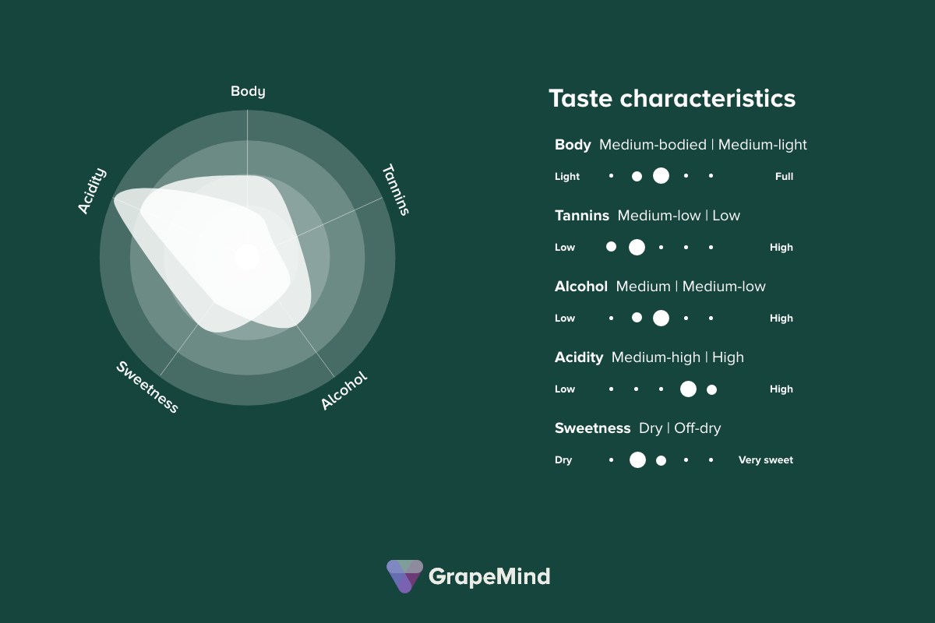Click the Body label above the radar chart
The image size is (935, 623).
248,91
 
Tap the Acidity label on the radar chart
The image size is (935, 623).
92,191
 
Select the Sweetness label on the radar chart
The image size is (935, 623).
147,387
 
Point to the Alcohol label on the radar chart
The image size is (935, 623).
344,390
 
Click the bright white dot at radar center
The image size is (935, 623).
247,256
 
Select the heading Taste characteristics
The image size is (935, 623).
672,99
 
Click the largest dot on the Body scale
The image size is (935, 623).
661,176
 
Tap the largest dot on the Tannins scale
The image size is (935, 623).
637,247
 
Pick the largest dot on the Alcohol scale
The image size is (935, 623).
661,318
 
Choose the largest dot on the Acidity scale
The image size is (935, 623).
688,389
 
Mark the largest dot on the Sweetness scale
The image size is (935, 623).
637,459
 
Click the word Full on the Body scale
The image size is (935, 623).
784,177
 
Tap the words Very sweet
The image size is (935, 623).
765,460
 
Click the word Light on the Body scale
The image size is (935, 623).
567,177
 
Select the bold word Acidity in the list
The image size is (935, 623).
579,357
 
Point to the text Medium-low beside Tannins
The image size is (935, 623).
659,216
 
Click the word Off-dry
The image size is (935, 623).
697,428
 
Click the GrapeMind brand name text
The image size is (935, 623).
489,576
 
